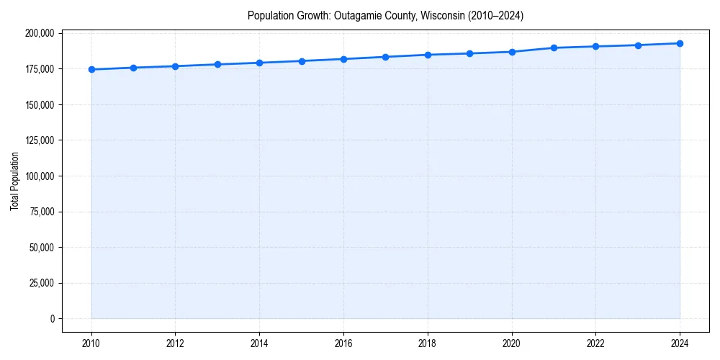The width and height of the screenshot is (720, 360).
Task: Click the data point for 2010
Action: point(91,70)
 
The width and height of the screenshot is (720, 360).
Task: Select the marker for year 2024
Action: point(680,43)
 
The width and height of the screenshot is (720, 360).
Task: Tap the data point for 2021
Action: point(554,48)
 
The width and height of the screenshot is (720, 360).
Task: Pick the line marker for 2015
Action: point(302,61)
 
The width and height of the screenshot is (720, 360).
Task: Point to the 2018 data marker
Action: point(428,55)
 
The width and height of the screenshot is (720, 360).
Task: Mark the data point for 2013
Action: point(217,64)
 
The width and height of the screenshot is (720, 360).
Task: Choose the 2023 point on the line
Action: point(638,45)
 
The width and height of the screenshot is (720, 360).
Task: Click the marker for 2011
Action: point(133,68)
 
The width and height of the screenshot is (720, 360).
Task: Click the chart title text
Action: point(385,15)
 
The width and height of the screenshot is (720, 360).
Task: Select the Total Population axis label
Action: point(14,181)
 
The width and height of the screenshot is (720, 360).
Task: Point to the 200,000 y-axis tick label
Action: point(39,33)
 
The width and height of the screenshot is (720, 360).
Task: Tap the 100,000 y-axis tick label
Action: point(39,176)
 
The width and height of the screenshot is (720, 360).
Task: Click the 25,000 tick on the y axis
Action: point(41,283)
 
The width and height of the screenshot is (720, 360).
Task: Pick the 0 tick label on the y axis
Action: point(51,319)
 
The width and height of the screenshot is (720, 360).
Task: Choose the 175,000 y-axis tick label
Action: point(39,69)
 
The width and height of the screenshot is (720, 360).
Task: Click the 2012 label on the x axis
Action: point(175,343)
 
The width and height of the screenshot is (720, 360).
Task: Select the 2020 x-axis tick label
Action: point(512,343)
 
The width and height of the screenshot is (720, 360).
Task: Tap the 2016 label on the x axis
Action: point(343,343)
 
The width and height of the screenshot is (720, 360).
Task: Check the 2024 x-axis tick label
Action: point(680,343)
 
